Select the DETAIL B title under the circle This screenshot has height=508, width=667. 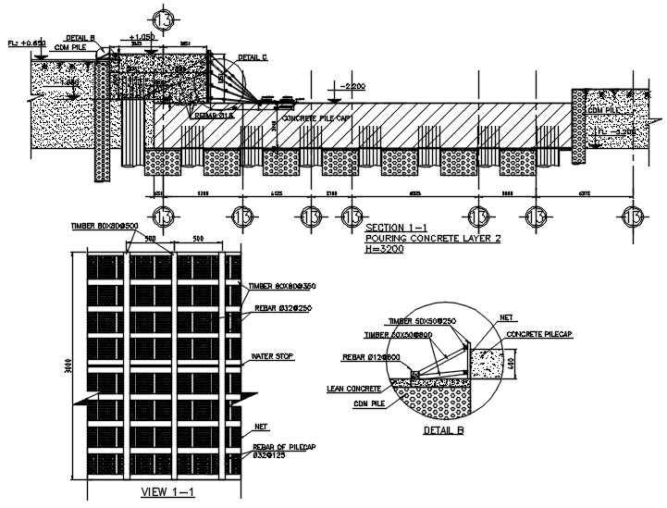(442, 430)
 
